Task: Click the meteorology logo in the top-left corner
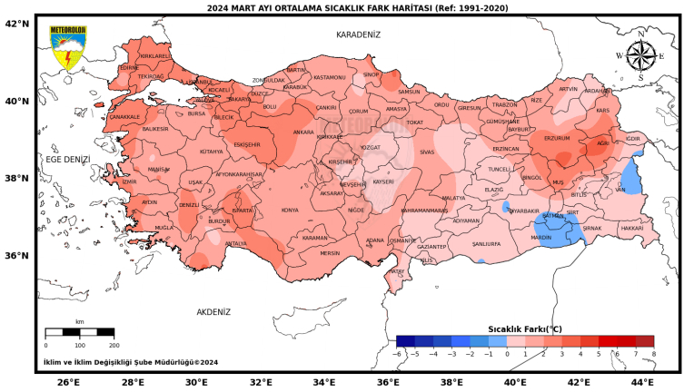pyautogui.click(x=68, y=48)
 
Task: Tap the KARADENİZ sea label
pyautogui.click(x=358, y=34)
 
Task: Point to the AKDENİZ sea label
pyautogui.click(x=213, y=311)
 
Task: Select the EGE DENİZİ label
pyautogui.click(x=68, y=159)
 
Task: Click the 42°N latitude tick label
pyautogui.click(x=18, y=24)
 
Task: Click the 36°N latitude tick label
pyautogui.click(x=18, y=255)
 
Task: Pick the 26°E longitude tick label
pyautogui.click(x=68, y=382)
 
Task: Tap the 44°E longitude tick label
pyautogui.click(x=642, y=382)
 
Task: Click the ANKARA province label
pyautogui.click(x=302, y=132)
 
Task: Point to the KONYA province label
pyautogui.click(x=290, y=210)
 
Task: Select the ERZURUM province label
pyautogui.click(x=556, y=139)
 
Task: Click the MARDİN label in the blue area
pyautogui.click(x=540, y=237)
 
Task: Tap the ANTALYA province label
pyautogui.click(x=235, y=243)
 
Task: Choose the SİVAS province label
pyautogui.click(x=427, y=152)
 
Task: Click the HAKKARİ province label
pyautogui.click(x=631, y=229)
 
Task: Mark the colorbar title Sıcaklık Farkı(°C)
pyautogui.click(x=525, y=328)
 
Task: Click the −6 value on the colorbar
pyautogui.click(x=397, y=353)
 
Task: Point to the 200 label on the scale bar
pyautogui.click(x=114, y=345)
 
